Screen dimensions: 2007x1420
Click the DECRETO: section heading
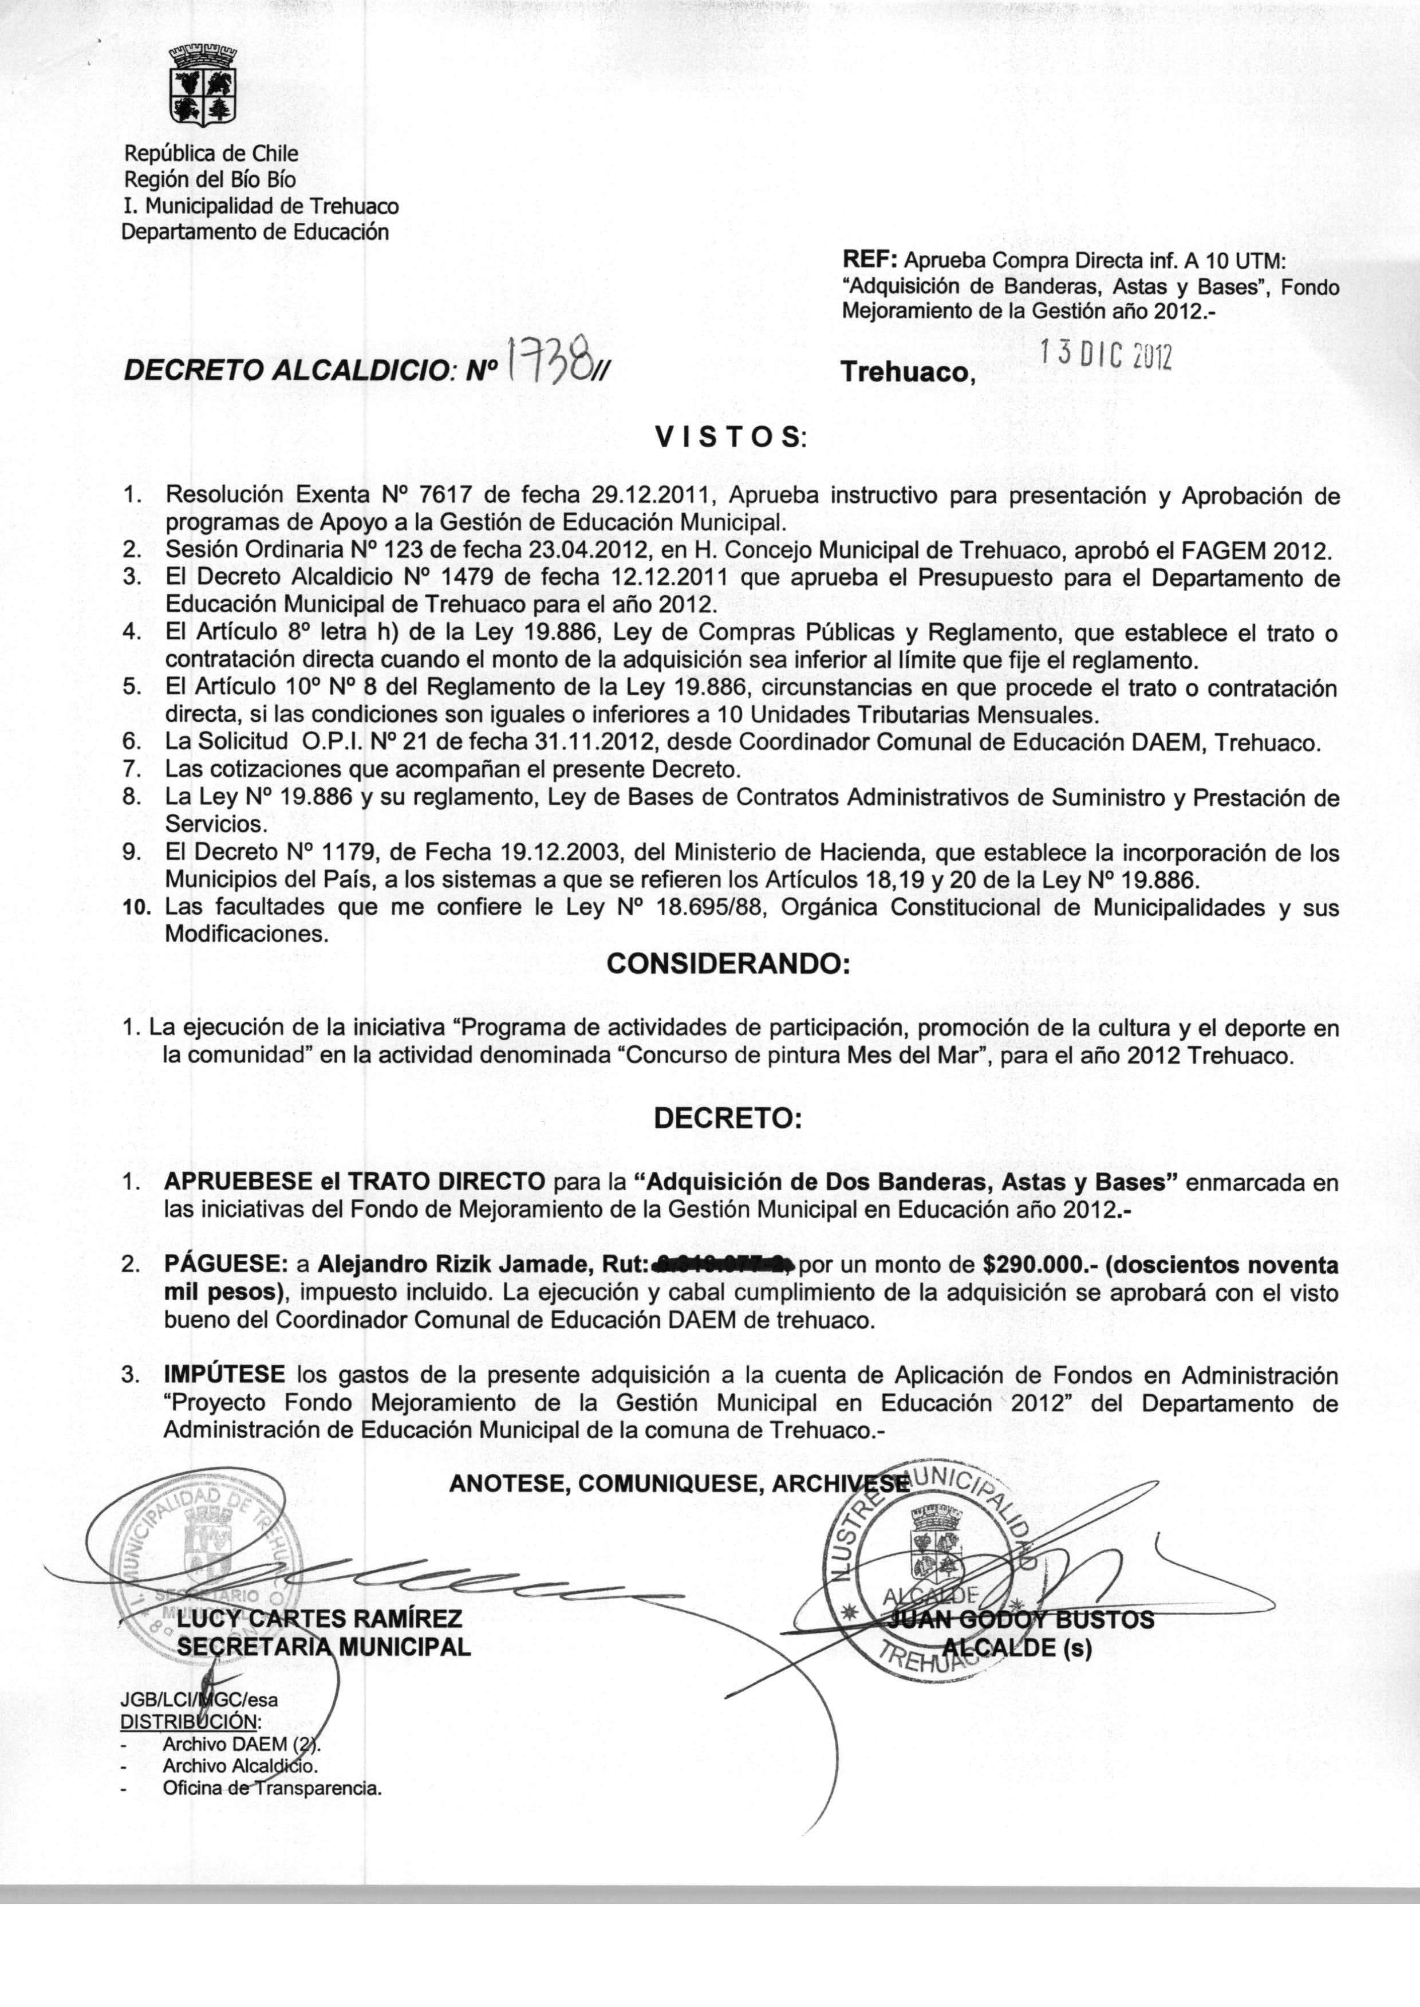tap(728, 1119)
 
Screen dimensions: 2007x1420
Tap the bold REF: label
tap(869, 259)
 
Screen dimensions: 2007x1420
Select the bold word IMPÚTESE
tap(224, 1375)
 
